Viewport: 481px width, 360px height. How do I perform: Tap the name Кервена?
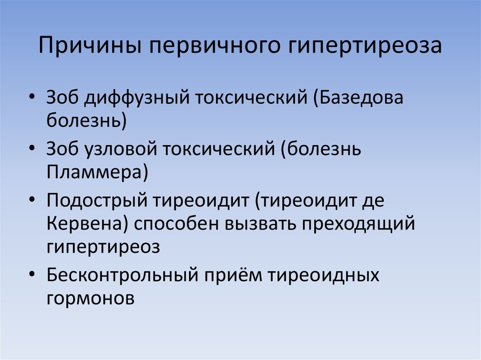(85, 223)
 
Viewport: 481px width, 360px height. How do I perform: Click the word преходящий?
(358, 223)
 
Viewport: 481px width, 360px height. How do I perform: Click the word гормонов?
(91, 297)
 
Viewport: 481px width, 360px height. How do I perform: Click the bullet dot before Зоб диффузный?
(31, 96)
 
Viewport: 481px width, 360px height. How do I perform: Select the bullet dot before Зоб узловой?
(31, 147)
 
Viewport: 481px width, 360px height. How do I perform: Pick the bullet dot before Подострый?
(31, 199)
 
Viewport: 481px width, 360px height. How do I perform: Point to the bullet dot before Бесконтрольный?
(31, 272)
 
